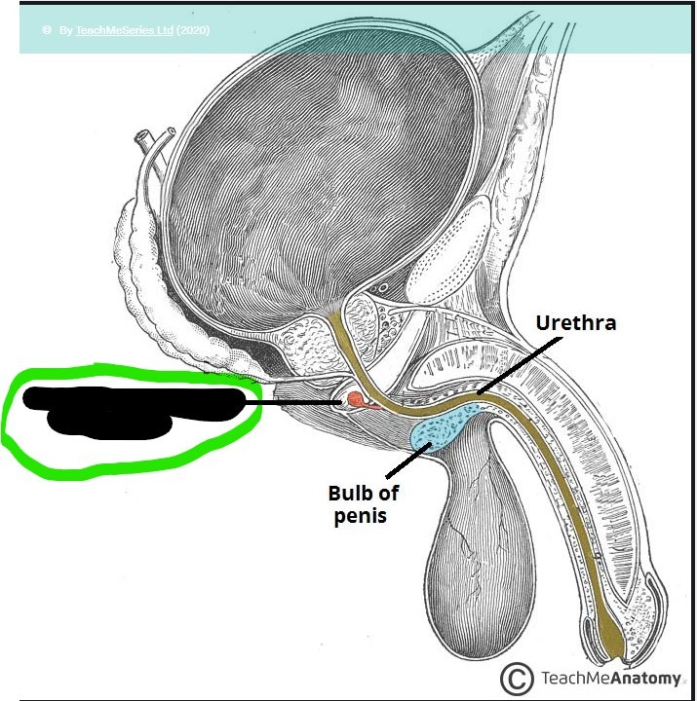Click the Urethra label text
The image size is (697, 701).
pyautogui.click(x=577, y=321)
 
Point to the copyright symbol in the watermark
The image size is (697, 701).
pyautogui.click(x=517, y=678)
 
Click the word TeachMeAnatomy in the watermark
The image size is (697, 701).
pyautogui.click(x=608, y=678)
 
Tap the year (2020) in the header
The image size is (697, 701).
pyautogui.click(x=193, y=30)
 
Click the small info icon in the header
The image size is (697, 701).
pyautogui.click(x=46, y=30)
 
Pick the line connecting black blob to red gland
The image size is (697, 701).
pyautogui.click(x=292, y=401)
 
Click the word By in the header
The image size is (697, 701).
pyautogui.click(x=65, y=30)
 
